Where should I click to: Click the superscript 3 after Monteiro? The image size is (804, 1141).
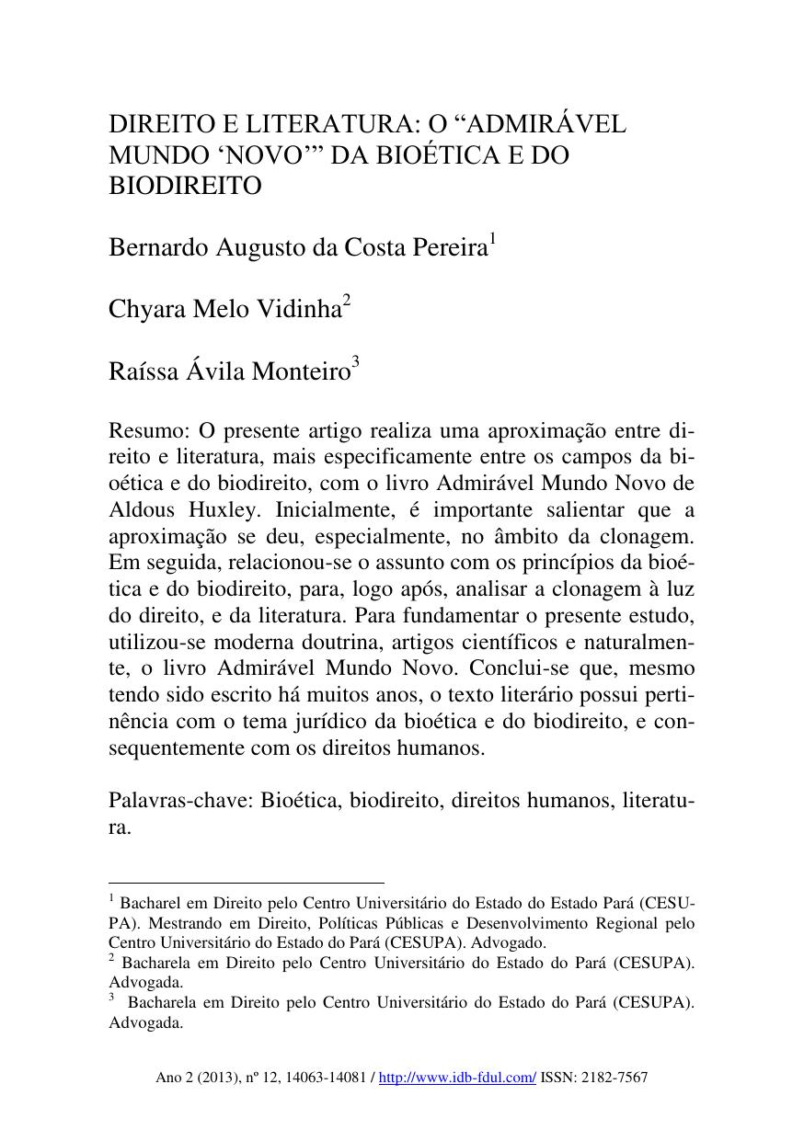[355, 362]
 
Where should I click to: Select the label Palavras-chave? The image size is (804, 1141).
[180, 801]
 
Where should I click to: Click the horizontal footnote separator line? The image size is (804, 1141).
[246, 883]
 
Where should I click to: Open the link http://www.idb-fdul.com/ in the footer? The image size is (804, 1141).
[457, 1078]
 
